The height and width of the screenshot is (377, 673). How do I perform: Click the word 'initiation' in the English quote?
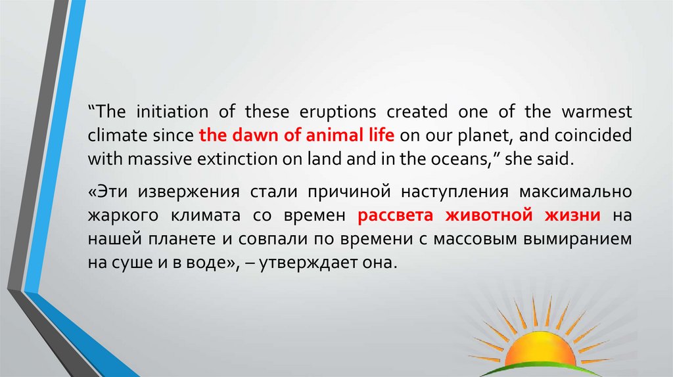click(x=172, y=112)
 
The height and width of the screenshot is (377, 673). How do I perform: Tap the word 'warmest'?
click(x=597, y=112)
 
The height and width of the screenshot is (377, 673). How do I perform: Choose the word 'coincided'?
click(x=593, y=135)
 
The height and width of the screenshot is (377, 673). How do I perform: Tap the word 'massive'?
click(x=160, y=159)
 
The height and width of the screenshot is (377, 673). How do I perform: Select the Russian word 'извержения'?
click(x=189, y=192)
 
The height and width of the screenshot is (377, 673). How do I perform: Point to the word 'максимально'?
click(x=576, y=192)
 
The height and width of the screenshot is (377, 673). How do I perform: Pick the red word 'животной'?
click(x=489, y=215)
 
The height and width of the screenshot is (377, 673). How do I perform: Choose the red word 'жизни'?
click(x=572, y=215)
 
